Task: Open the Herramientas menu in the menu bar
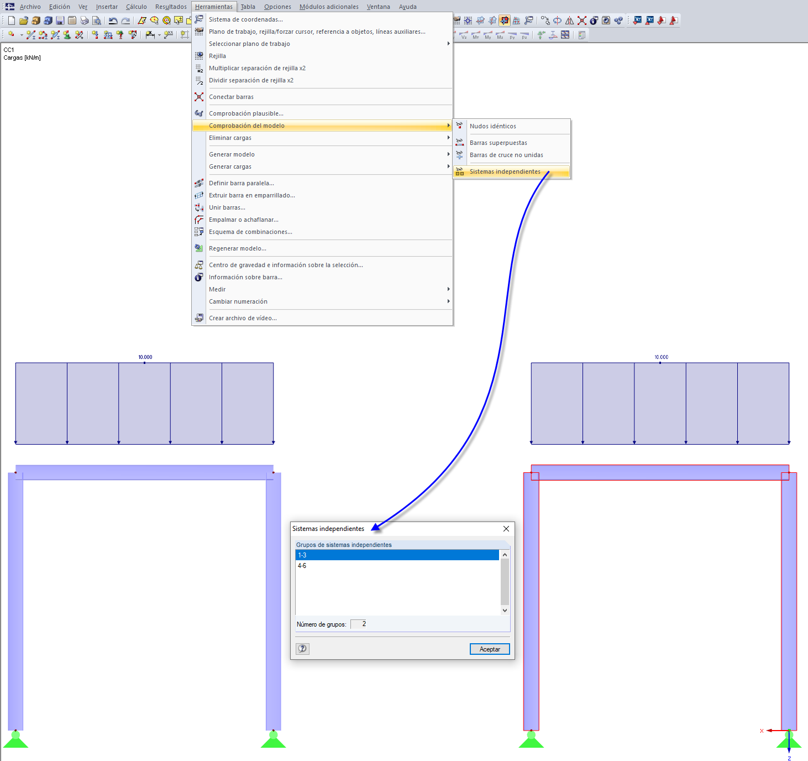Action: click(213, 7)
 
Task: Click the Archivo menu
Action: click(30, 7)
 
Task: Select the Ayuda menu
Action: click(407, 7)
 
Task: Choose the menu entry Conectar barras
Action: click(231, 97)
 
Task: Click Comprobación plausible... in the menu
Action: click(246, 113)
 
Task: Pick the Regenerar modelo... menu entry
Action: click(237, 248)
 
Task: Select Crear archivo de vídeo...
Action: click(243, 318)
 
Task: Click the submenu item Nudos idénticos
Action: click(492, 126)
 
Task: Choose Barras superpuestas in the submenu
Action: click(498, 143)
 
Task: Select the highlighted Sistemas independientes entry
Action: click(505, 171)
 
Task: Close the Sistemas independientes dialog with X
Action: click(506, 529)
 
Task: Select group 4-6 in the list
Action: click(302, 566)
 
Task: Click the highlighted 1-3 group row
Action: click(397, 555)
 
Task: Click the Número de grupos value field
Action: click(359, 624)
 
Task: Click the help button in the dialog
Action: click(302, 649)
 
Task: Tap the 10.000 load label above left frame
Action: click(145, 357)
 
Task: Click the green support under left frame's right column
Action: click(274, 739)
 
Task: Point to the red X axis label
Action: click(762, 731)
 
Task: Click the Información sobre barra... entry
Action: click(245, 277)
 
